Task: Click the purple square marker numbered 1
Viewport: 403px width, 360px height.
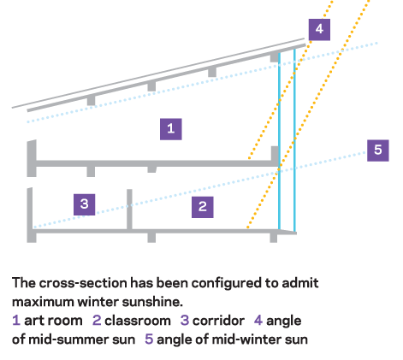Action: [x=171, y=129]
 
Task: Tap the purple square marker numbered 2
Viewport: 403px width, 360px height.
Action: [x=203, y=207]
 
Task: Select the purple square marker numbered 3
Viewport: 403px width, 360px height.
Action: [x=85, y=204]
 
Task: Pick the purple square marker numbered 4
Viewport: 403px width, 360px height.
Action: [x=319, y=30]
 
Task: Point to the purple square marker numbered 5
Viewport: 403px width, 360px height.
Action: [x=378, y=150]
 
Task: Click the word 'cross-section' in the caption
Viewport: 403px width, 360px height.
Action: [x=83, y=283]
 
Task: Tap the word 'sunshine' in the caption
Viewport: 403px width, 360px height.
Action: [x=152, y=302]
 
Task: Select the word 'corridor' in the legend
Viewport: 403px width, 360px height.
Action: [x=218, y=321]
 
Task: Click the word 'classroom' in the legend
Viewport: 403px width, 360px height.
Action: [x=138, y=321]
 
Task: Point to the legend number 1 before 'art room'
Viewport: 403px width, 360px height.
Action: [x=16, y=321]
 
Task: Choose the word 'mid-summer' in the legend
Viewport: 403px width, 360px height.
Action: [x=82, y=339]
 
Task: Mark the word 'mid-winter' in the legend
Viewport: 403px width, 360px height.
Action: [x=246, y=339]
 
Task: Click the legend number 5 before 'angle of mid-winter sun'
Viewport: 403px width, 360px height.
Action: [x=149, y=339]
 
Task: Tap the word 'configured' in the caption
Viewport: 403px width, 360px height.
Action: [x=227, y=284]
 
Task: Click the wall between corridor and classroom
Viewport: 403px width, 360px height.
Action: [x=129, y=210]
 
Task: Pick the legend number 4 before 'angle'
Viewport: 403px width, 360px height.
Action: [x=258, y=321]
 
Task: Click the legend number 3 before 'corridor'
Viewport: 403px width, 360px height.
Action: [x=185, y=321]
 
